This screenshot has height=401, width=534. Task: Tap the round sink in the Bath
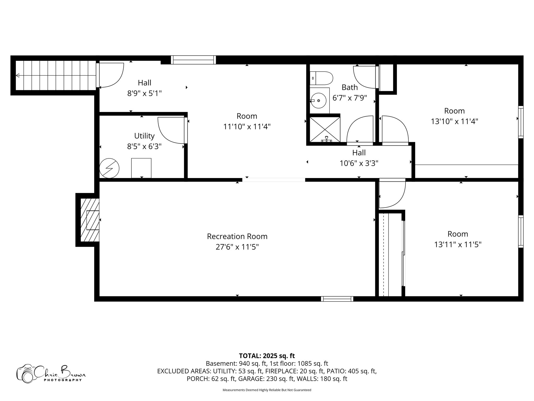point(319,101)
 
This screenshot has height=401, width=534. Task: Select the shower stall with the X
point(325,129)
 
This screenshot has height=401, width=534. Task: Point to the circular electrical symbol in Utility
point(109,168)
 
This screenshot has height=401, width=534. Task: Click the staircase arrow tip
point(17,75)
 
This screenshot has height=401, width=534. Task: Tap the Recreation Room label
point(237,236)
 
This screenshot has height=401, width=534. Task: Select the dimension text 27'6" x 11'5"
point(237,247)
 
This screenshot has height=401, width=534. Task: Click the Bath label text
point(350,87)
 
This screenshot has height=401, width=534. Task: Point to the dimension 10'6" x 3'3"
point(359,163)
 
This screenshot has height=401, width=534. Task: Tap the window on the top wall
point(193,60)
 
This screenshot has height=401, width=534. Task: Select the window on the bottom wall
point(337,299)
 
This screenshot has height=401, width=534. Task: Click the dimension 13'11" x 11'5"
point(458,245)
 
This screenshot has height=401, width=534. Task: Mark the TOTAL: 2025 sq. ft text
point(267,356)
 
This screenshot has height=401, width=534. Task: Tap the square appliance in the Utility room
point(141,168)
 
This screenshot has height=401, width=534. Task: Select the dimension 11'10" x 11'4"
point(247,127)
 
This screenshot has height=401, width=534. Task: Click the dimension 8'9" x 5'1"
point(144,93)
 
